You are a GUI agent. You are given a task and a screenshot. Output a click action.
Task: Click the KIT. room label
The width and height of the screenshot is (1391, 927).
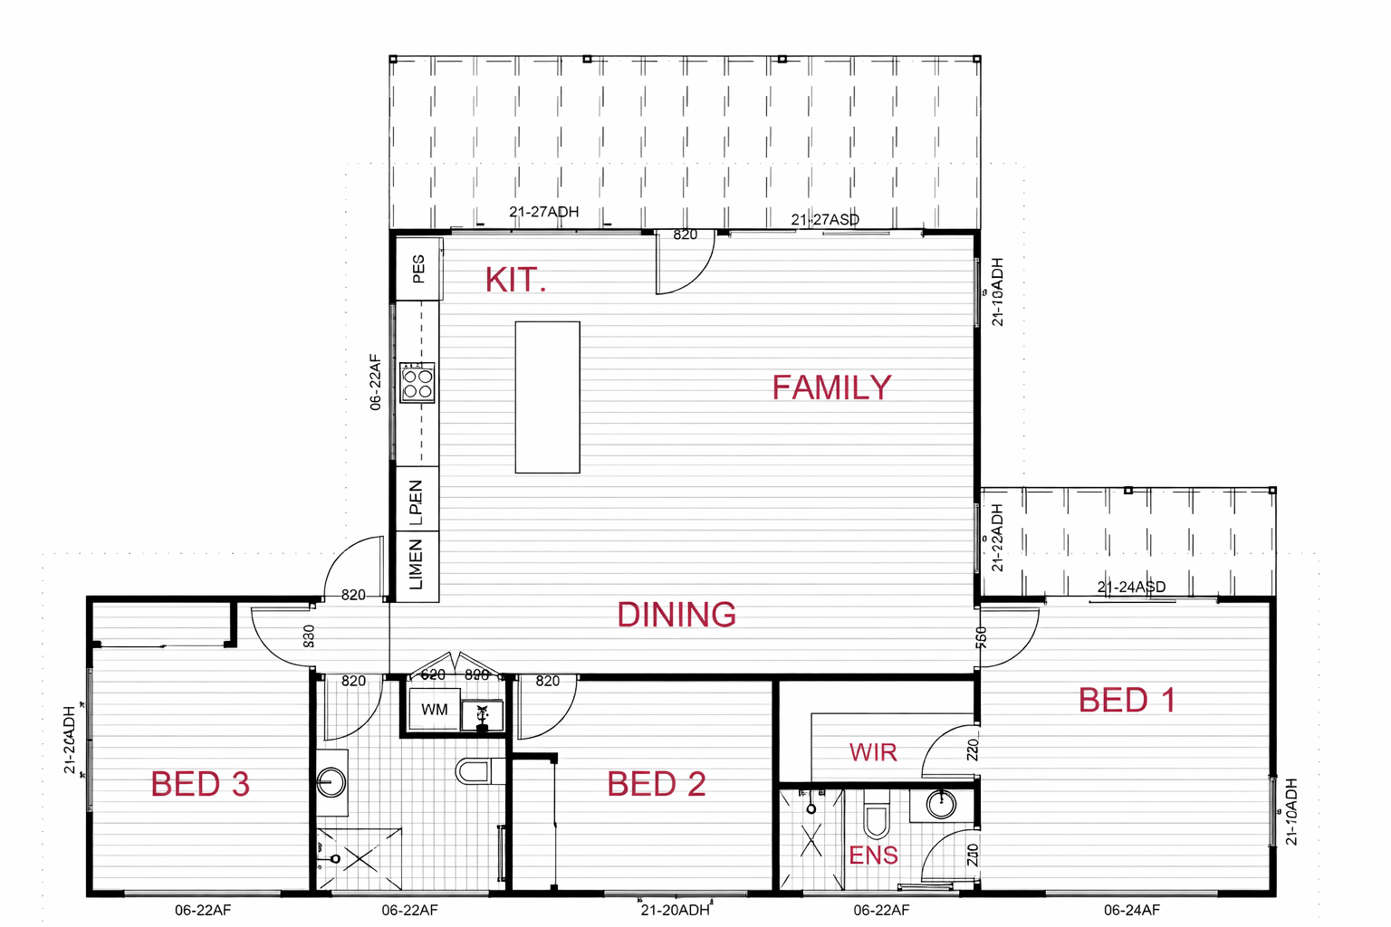pos(515,280)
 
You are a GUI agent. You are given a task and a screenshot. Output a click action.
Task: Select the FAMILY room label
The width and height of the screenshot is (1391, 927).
pos(831,387)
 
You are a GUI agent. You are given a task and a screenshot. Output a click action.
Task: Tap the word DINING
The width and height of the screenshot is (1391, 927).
pos(676,615)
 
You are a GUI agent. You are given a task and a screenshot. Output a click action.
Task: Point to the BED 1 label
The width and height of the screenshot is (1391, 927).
pos(1127,700)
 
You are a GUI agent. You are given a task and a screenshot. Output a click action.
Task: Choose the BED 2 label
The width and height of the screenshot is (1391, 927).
pos(657,784)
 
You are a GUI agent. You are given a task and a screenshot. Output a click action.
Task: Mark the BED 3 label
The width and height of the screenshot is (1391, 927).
pos(200,784)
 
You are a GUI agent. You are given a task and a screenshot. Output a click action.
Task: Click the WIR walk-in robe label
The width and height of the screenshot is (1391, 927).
pos(873,752)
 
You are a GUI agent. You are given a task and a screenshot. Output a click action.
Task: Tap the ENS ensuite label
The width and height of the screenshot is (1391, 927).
pos(873,855)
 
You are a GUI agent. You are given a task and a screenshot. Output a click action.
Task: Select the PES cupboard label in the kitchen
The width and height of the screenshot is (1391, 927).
pos(418,269)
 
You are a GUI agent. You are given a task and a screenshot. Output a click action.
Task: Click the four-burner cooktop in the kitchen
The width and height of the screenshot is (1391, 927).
pos(417,383)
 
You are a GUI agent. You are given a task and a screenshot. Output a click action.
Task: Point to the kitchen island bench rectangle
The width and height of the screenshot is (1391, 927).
pos(547,397)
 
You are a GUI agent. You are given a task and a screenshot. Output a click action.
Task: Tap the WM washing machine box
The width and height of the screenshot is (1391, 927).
pos(435,710)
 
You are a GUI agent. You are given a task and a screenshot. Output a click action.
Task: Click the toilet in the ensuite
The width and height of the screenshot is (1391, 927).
pos(876,816)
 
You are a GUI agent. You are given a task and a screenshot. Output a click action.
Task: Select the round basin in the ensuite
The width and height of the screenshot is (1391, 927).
pos(941,804)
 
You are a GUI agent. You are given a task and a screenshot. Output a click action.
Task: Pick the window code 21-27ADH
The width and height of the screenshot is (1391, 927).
pos(543,212)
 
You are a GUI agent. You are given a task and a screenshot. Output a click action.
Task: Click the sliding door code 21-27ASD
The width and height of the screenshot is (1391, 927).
pos(825,219)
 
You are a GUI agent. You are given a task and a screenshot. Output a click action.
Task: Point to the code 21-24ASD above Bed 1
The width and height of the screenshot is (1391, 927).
pos(1131,587)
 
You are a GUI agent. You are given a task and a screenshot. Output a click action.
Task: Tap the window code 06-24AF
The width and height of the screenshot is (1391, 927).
pos(1131,910)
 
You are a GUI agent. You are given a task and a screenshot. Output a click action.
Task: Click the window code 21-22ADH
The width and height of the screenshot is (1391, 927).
pos(997,538)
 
